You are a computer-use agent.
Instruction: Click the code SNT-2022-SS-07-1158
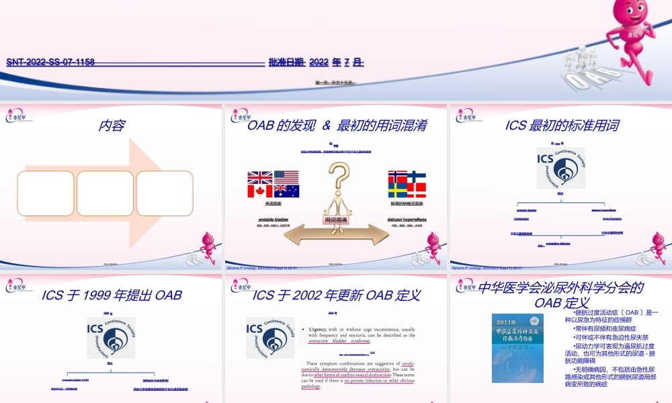click(x=50, y=62)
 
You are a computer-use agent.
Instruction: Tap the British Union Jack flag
click(x=260, y=178)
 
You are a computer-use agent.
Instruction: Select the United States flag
click(x=286, y=178)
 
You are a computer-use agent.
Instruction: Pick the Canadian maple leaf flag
click(x=260, y=191)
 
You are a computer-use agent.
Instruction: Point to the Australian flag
click(x=286, y=191)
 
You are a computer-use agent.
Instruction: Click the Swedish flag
click(x=398, y=190)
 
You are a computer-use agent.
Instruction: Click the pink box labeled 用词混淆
click(x=336, y=220)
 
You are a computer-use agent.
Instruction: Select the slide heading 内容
click(x=112, y=126)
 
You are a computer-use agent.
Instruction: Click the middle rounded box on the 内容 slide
click(x=105, y=193)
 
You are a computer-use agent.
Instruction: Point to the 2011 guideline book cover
click(x=517, y=349)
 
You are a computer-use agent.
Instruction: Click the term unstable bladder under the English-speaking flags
click(x=273, y=220)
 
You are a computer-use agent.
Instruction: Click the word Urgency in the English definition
click(x=317, y=330)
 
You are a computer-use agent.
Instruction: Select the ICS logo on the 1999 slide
click(x=111, y=337)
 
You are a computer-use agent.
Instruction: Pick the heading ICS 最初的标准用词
click(x=562, y=126)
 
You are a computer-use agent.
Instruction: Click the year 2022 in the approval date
click(x=319, y=62)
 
